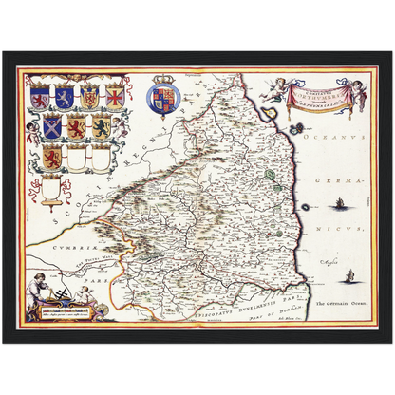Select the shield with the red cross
click(115, 97)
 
